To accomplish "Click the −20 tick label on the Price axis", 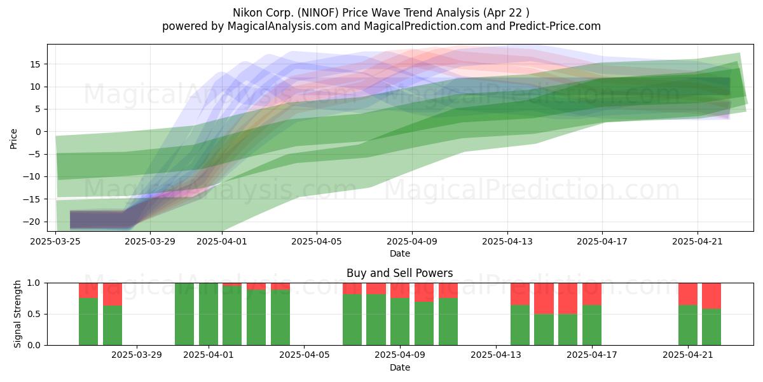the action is pos(32,222).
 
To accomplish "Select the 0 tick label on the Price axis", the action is pos(38,132).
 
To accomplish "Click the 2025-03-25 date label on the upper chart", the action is pos(55,241).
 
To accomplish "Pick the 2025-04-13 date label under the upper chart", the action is pos(507,241).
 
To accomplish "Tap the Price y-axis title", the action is pos(13,139).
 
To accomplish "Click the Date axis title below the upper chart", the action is pos(400,253).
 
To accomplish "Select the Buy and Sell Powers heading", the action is pos(400,273).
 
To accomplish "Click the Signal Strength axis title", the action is pos(17,314).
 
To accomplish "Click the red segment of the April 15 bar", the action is pos(544,299).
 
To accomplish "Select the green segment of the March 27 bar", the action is pos(88,322).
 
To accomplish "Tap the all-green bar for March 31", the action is pos(184,314).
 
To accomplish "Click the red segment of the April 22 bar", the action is pos(711,296).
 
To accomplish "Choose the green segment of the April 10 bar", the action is pos(424,323).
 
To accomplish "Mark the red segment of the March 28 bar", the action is pos(113,294).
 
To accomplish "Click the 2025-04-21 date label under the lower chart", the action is pos(688,355).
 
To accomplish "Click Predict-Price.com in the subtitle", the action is pos(555,26).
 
